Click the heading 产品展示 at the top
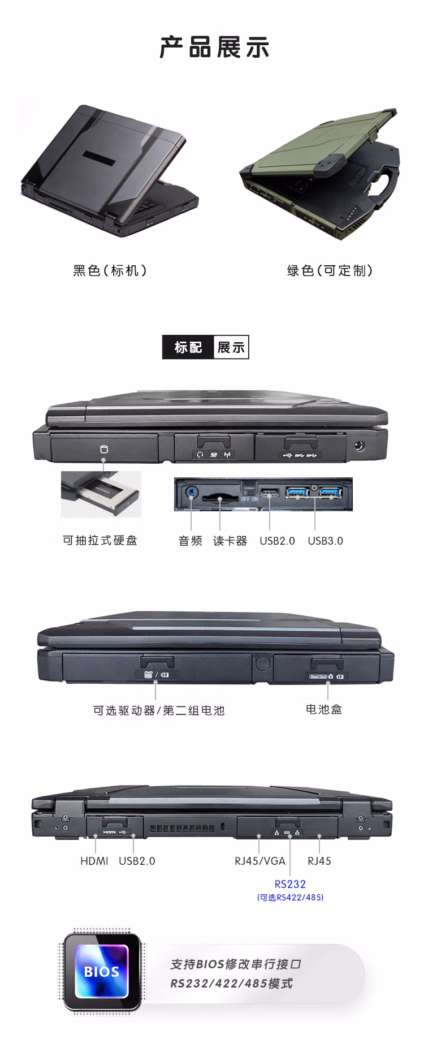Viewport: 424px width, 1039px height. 214,47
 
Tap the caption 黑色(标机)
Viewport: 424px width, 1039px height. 110,270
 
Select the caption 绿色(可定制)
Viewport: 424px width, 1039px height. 330,270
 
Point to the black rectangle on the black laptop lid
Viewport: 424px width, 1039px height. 99,158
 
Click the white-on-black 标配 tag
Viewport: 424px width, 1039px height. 188,347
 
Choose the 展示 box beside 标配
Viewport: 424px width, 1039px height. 231,347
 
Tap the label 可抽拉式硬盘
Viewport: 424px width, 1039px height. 100,540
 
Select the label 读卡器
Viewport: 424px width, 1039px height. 230,541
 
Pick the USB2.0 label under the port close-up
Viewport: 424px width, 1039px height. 277,541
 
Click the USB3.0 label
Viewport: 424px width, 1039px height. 325,541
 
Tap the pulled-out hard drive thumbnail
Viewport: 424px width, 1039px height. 101,494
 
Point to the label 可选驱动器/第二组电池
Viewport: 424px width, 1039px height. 159,710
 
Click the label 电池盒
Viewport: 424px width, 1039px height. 324,709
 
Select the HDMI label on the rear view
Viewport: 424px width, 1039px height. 94,861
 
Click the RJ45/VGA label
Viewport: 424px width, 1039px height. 260,861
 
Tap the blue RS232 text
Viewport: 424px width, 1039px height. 290,884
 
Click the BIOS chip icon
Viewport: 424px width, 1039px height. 102,971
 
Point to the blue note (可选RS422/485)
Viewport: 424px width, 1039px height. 290,898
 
